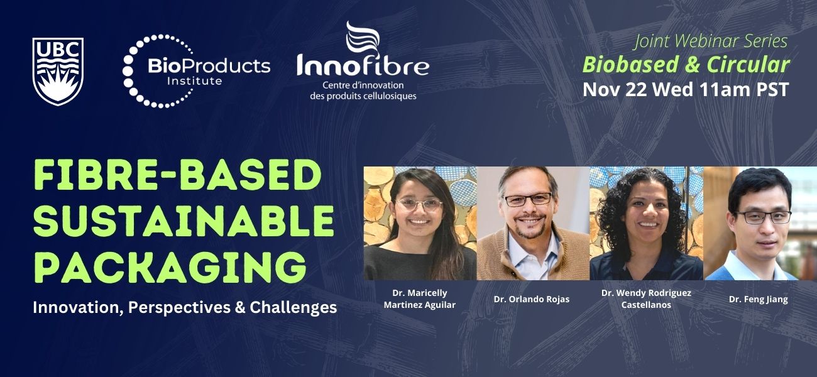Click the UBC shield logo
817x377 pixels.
58,71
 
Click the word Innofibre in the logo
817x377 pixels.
363,65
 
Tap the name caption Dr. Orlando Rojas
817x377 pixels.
532,299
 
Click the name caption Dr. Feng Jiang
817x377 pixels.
758,299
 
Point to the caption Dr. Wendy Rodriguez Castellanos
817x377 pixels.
646,299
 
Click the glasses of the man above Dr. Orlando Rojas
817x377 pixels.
527,200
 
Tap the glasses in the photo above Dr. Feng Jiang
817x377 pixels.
763,217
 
